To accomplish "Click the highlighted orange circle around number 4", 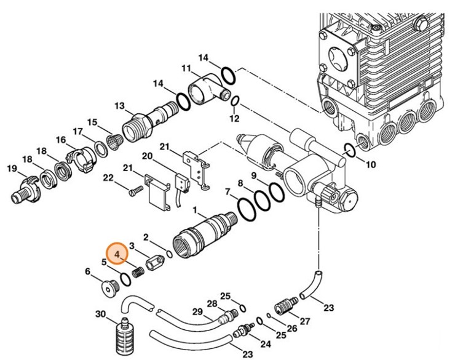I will [x=117, y=252].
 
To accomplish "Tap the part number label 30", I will [x=101, y=314].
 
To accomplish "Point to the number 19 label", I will [x=12, y=169].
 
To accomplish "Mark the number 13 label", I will [x=119, y=105].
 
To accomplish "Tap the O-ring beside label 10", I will [x=349, y=150].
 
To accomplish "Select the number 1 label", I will [x=196, y=210].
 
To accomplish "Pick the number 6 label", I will [x=87, y=271].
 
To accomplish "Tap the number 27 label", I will [x=305, y=321].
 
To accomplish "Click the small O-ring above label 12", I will [x=236, y=101].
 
